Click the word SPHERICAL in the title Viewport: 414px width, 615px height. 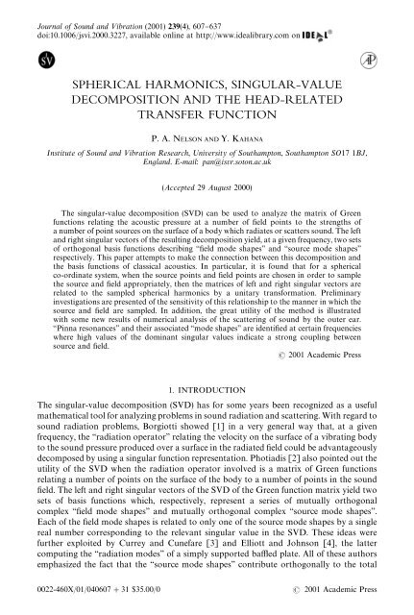pos(103,85)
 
